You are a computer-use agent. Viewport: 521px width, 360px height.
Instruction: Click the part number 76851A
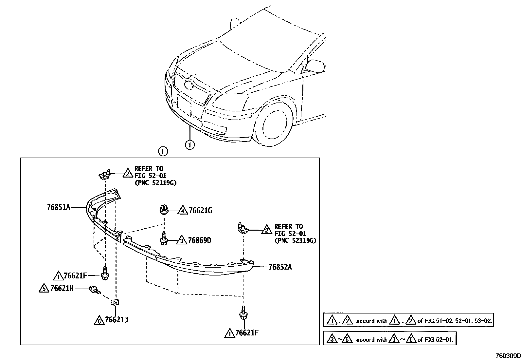point(58,207)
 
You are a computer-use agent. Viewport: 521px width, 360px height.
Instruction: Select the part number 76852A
point(280,267)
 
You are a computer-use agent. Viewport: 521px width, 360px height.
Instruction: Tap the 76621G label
point(200,211)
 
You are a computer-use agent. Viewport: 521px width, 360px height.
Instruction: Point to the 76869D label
point(199,241)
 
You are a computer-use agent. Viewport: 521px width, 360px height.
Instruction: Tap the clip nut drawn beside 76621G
point(164,209)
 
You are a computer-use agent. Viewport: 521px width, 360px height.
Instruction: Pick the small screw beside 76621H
point(94,290)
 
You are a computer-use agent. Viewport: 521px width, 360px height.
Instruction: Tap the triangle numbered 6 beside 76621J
point(98,320)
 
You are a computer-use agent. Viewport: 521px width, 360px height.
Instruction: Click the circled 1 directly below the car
point(190,144)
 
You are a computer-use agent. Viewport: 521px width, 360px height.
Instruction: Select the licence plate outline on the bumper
point(184,105)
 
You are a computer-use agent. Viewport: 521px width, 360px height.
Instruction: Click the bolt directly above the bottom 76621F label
point(243,313)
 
